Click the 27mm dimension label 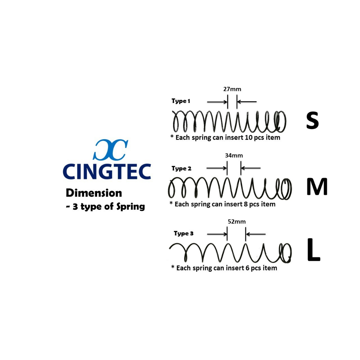tap(232, 89)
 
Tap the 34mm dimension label tap(234, 155)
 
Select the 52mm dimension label tap(237, 221)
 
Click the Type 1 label tap(181, 101)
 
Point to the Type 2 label tap(181, 168)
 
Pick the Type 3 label tap(184, 233)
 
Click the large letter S tap(312, 121)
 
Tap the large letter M tap(317, 187)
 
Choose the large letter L tap(314, 250)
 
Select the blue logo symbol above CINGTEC tap(110, 149)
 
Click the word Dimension tap(94, 193)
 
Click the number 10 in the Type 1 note tap(249, 137)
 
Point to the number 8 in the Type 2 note tap(245, 204)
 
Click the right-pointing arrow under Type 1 tap(217, 102)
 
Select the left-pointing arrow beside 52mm tap(256, 234)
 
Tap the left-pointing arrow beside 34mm tap(251, 168)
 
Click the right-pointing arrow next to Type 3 tap(217, 234)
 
